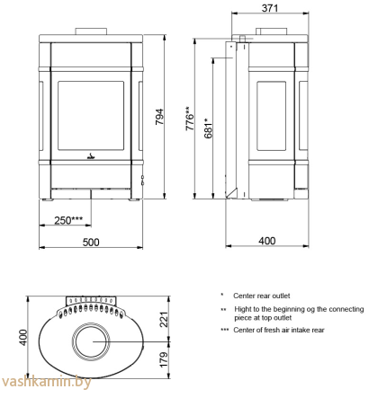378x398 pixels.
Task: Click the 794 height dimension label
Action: click(x=159, y=117)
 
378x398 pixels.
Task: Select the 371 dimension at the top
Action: click(x=270, y=8)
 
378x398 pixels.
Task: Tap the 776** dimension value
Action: click(x=190, y=119)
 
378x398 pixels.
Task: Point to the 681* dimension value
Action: click(x=208, y=128)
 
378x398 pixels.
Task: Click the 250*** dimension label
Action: click(x=68, y=220)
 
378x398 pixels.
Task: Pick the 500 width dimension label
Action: click(x=91, y=242)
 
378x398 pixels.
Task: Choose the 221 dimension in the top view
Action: click(x=164, y=319)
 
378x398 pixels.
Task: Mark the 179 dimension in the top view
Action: click(x=164, y=359)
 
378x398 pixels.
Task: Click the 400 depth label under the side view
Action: click(x=267, y=241)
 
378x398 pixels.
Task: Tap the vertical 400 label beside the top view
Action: click(x=23, y=338)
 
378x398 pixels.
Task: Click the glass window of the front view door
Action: click(x=91, y=115)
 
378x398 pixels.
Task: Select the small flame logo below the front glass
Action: click(x=91, y=156)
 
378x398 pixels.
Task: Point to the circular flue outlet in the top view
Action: click(x=91, y=341)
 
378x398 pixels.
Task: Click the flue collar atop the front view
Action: click(x=91, y=31)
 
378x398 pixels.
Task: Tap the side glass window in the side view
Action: click(x=272, y=116)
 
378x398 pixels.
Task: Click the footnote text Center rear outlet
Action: click(x=262, y=296)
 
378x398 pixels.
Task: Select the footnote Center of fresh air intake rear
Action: click(x=279, y=330)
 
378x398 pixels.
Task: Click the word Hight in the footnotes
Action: click(x=243, y=309)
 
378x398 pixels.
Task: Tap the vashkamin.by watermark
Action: click(x=46, y=382)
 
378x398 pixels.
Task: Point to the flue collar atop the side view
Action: click(x=272, y=31)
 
